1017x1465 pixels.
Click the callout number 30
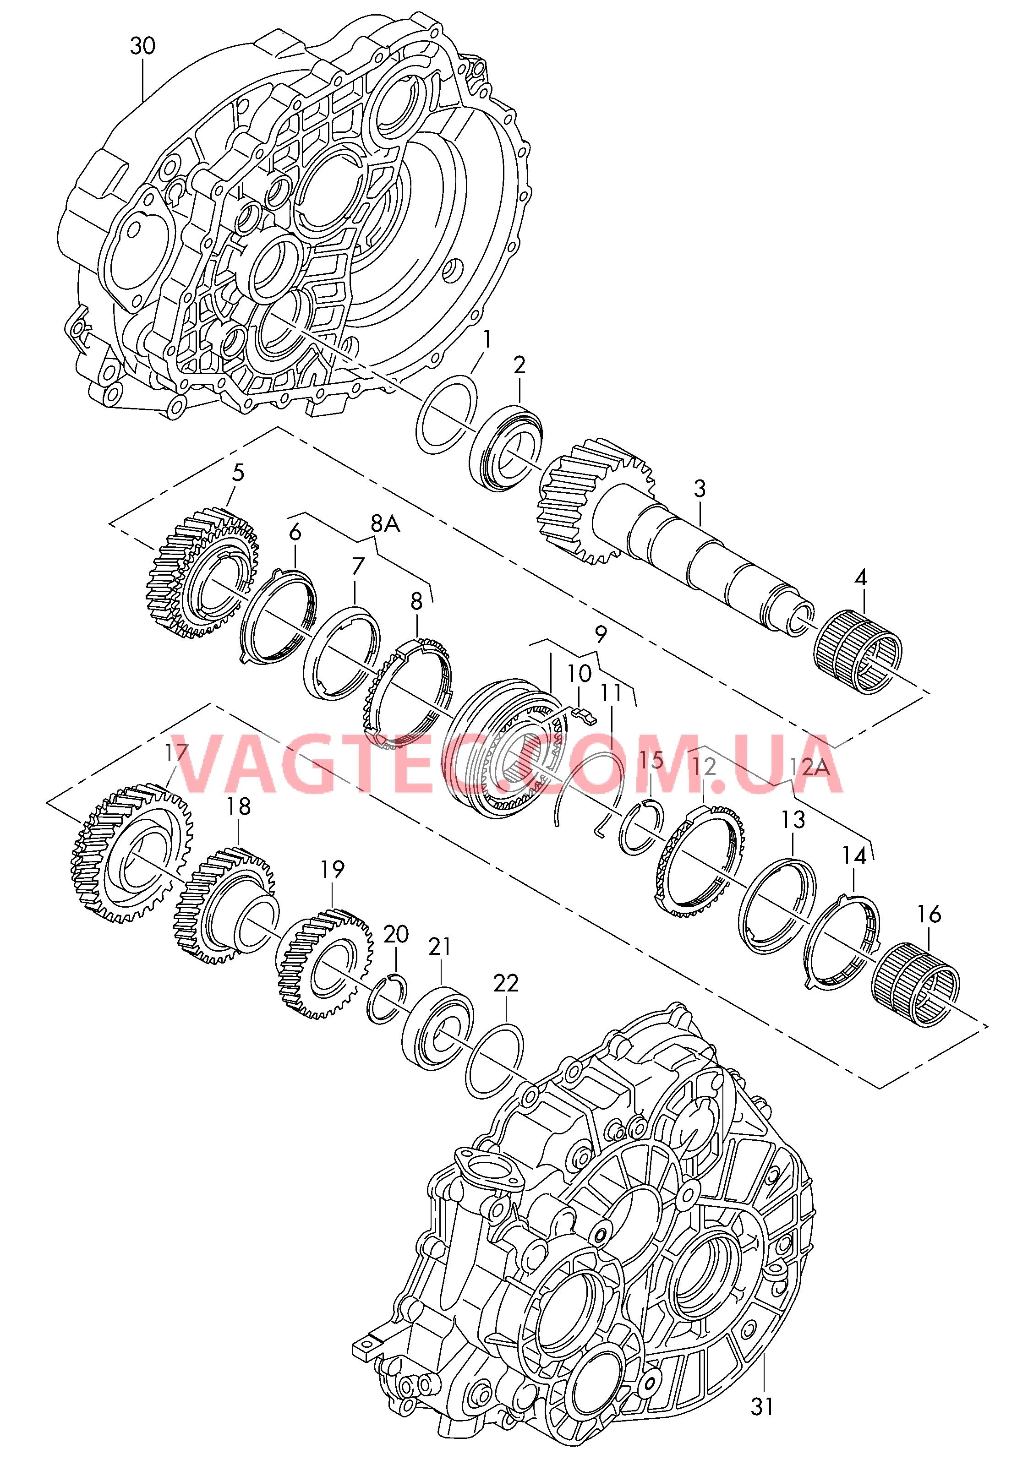click(x=143, y=46)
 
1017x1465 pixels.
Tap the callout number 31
click(x=762, y=1406)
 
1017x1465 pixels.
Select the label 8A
click(x=385, y=523)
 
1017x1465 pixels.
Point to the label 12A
click(x=810, y=767)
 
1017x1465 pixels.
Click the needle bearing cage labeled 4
click(x=859, y=652)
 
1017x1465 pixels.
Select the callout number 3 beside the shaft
click(x=700, y=489)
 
